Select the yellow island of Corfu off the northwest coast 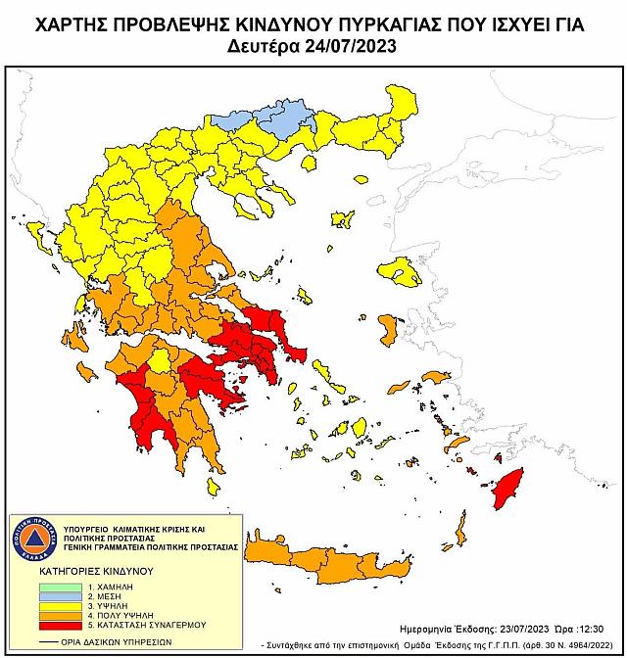pyautogui.click(x=38, y=236)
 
